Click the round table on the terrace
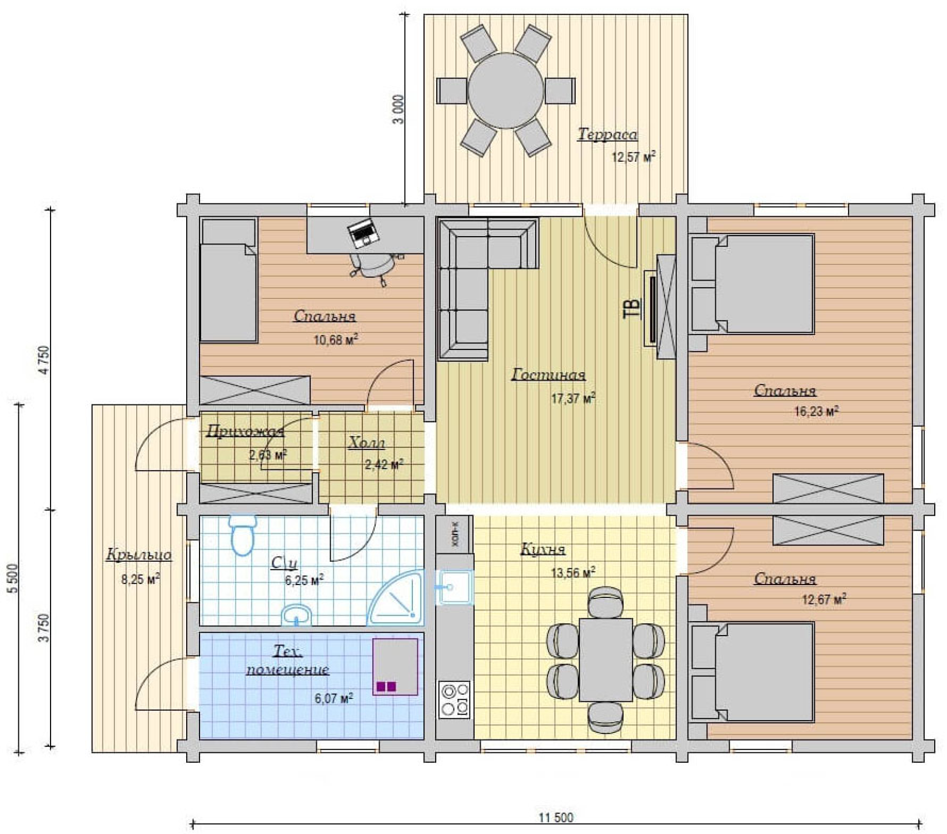tap(506, 91)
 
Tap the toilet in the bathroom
tap(243, 535)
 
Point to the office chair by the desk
tap(375, 266)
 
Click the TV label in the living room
tap(632, 308)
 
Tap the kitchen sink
tap(455, 587)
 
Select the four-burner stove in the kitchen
tap(455, 700)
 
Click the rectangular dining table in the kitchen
tap(606, 660)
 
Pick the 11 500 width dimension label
tap(556, 817)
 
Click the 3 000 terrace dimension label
tap(398, 109)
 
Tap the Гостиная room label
tap(549, 375)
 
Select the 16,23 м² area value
tap(816, 411)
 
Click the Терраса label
tap(607, 134)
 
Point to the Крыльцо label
tap(139, 555)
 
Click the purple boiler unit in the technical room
tap(395, 667)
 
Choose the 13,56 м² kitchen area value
tap(573, 572)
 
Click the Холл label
tap(367, 443)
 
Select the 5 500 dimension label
tap(13, 578)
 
